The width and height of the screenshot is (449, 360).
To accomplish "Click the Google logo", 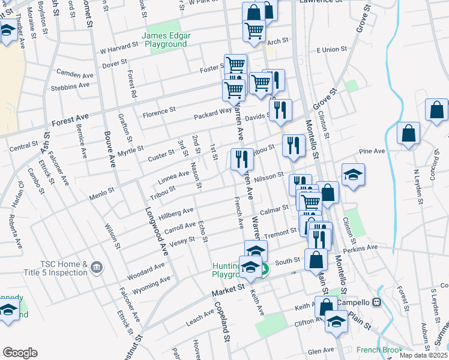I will click(20, 353).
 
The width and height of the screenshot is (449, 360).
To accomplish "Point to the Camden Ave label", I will click(75, 74).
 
